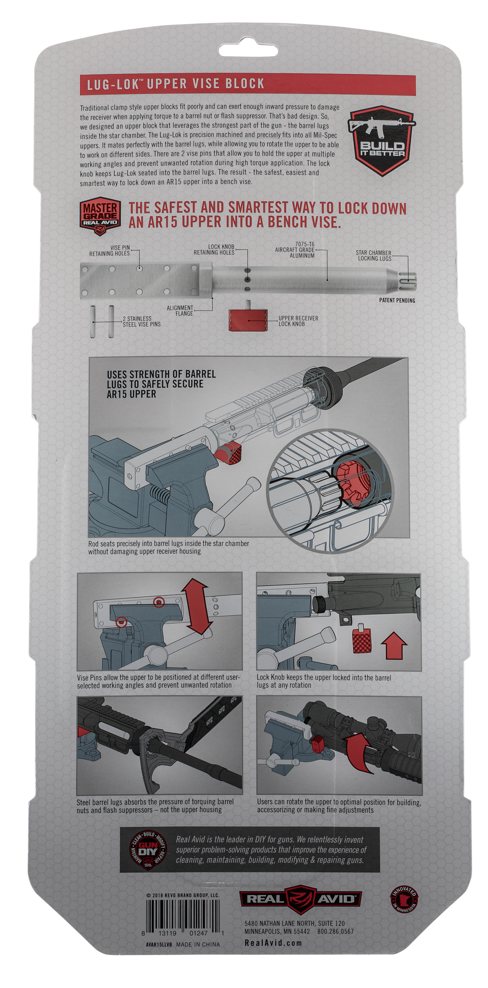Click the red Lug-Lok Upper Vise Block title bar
(x=248, y=85)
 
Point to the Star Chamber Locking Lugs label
(x=373, y=256)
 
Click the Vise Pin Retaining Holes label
(x=109, y=250)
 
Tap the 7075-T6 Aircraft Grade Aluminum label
(x=295, y=250)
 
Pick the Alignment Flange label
(x=180, y=311)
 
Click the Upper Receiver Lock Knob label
(x=298, y=321)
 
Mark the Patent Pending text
(x=397, y=300)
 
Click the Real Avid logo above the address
(x=300, y=899)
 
